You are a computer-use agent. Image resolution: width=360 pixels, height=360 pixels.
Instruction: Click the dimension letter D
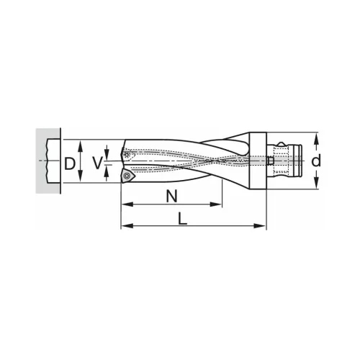[x=69, y=163]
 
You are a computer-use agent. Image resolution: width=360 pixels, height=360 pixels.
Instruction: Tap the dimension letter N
[x=171, y=195]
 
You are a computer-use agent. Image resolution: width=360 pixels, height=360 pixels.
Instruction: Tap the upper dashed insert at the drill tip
[x=127, y=153]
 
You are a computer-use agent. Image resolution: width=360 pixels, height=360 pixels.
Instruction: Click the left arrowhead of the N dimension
[x=125, y=204]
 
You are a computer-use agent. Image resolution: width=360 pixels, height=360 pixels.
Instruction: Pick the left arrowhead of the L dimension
[x=125, y=227]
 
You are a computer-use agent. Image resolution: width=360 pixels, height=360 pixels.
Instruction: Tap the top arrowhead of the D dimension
[x=81, y=143]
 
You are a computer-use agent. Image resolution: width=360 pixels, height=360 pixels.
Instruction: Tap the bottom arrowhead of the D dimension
[x=81, y=181]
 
